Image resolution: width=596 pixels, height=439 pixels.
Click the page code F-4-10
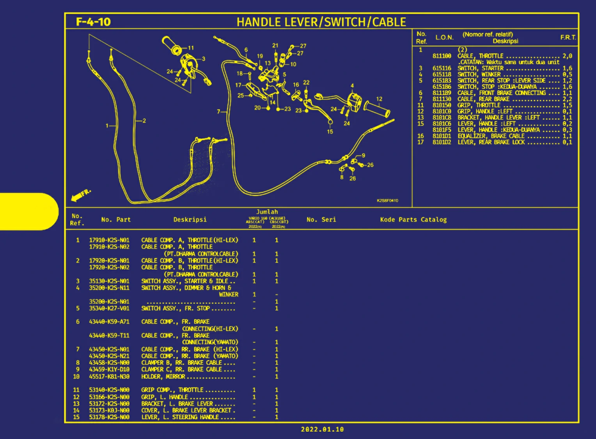93,22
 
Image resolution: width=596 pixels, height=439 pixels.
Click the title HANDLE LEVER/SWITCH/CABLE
321,22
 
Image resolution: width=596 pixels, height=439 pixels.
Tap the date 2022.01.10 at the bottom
322,429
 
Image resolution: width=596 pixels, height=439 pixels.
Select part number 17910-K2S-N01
109,240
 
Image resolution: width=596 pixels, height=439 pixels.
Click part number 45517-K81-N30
109,377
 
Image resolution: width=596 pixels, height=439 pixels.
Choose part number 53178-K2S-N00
109,417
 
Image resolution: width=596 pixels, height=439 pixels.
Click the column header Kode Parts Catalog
413,220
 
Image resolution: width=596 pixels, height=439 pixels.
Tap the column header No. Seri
321,220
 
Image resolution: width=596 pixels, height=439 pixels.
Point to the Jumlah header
267,212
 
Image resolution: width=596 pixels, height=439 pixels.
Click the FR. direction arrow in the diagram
81,195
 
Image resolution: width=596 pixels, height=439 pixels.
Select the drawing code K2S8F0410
387,201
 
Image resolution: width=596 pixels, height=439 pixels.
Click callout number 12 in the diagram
379,99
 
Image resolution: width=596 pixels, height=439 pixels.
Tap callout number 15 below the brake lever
330,132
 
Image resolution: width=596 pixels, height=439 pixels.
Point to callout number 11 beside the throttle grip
191,48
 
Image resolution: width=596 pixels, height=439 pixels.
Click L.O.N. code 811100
442,56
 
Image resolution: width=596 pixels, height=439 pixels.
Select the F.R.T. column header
568,37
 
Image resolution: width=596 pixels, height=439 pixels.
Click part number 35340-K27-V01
109,309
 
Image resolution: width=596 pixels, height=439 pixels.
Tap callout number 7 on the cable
219,112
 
